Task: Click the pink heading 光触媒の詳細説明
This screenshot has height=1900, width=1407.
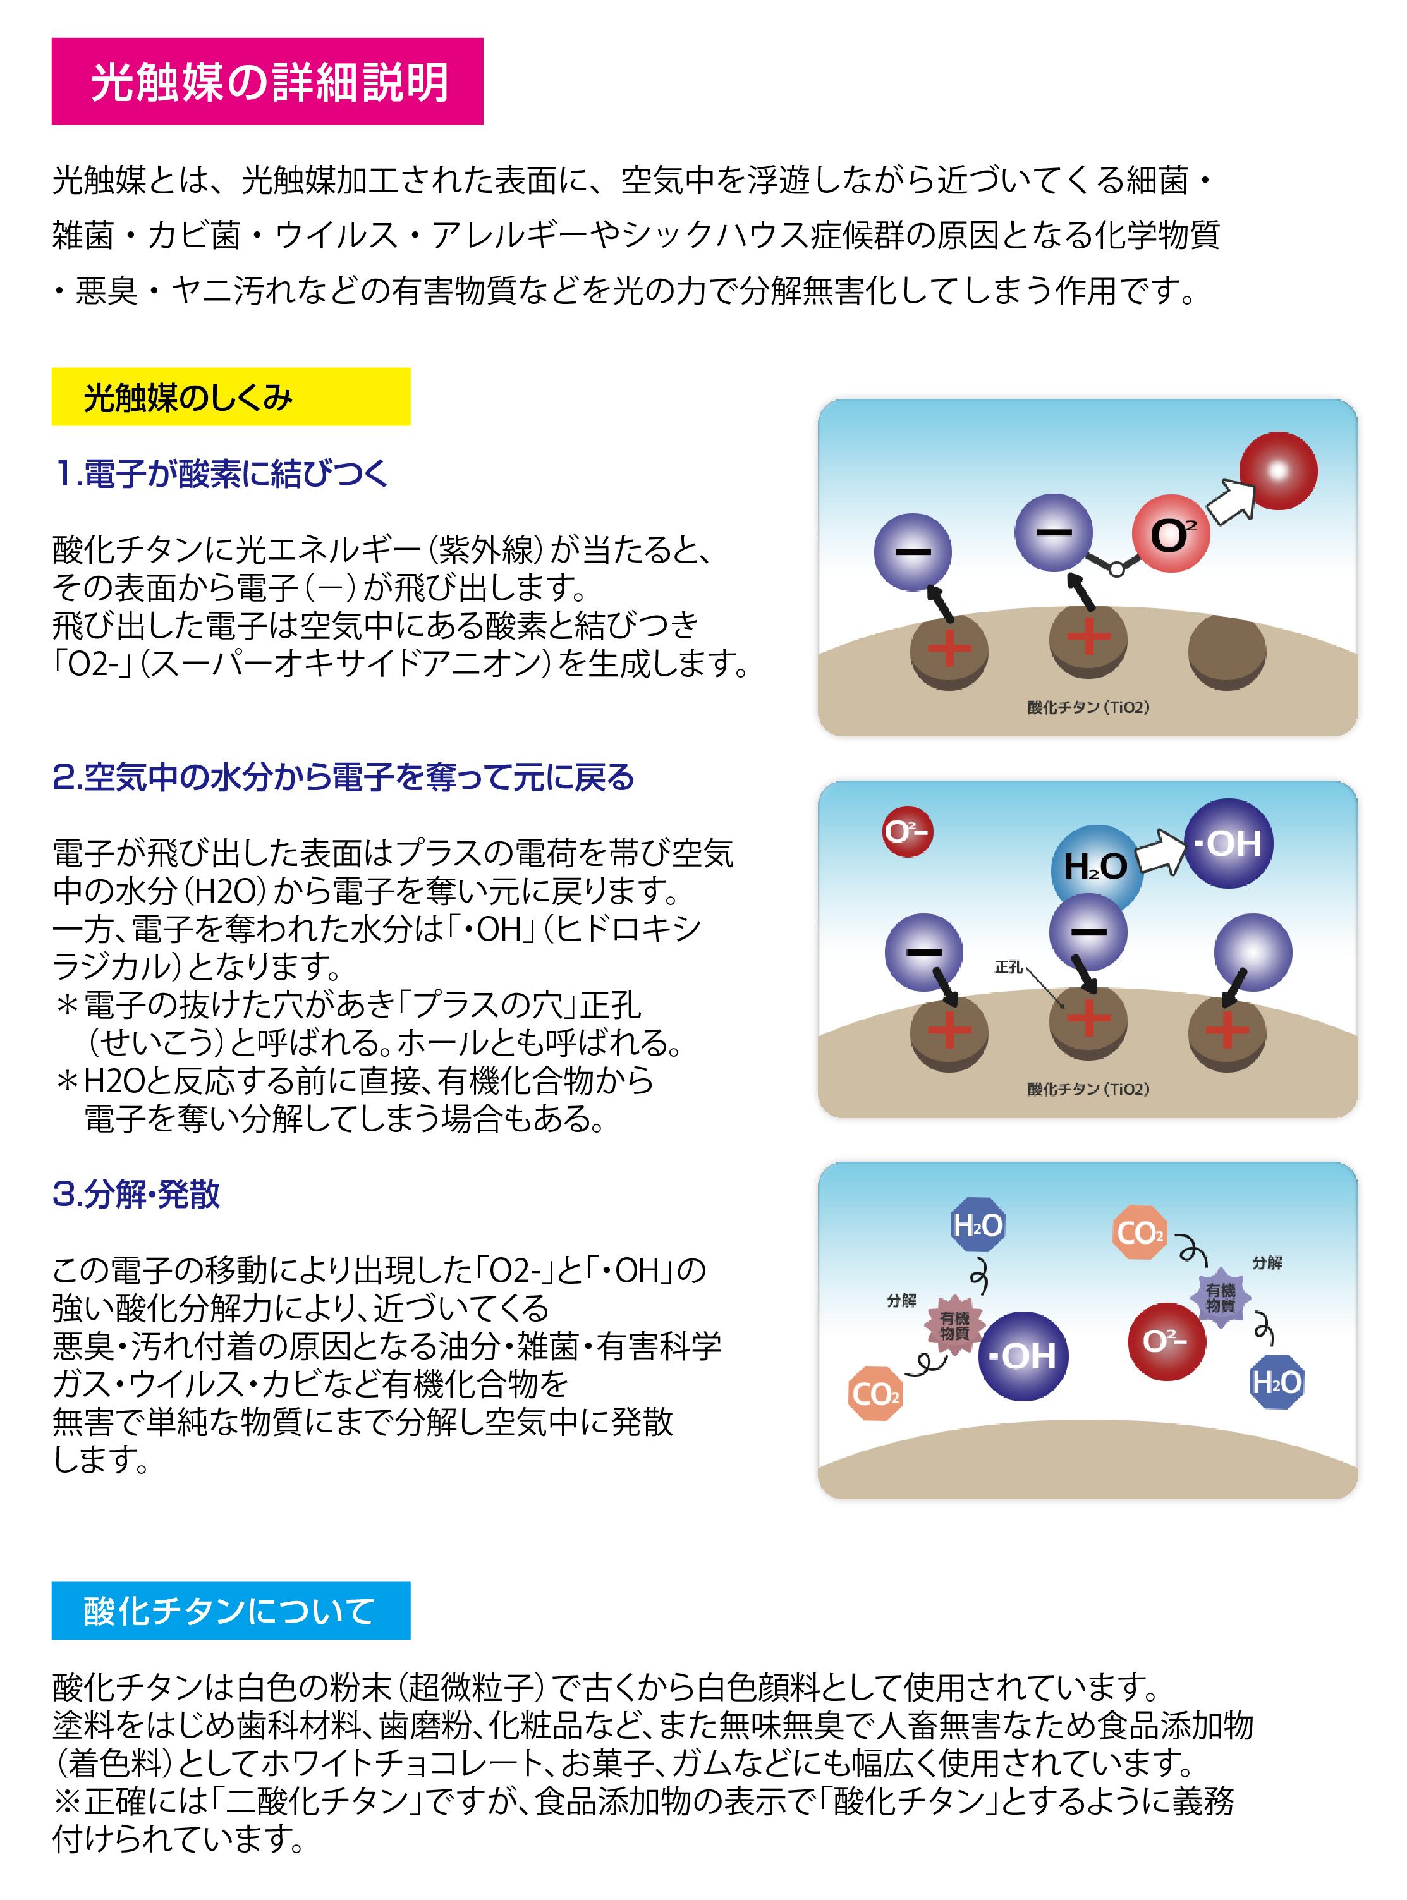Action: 267,82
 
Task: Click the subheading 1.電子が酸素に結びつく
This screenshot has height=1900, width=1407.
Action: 221,473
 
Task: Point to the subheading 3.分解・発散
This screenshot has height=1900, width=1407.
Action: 137,1194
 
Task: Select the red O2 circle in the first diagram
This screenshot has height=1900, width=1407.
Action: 1170,534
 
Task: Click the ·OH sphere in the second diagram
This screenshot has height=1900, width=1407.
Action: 1228,843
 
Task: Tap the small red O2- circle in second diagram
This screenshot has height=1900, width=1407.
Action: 907,831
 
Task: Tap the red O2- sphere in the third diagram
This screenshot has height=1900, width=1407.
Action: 1166,1341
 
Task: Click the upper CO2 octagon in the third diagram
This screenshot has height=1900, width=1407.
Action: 1140,1231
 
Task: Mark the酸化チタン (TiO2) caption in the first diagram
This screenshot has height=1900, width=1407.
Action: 1088,708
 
